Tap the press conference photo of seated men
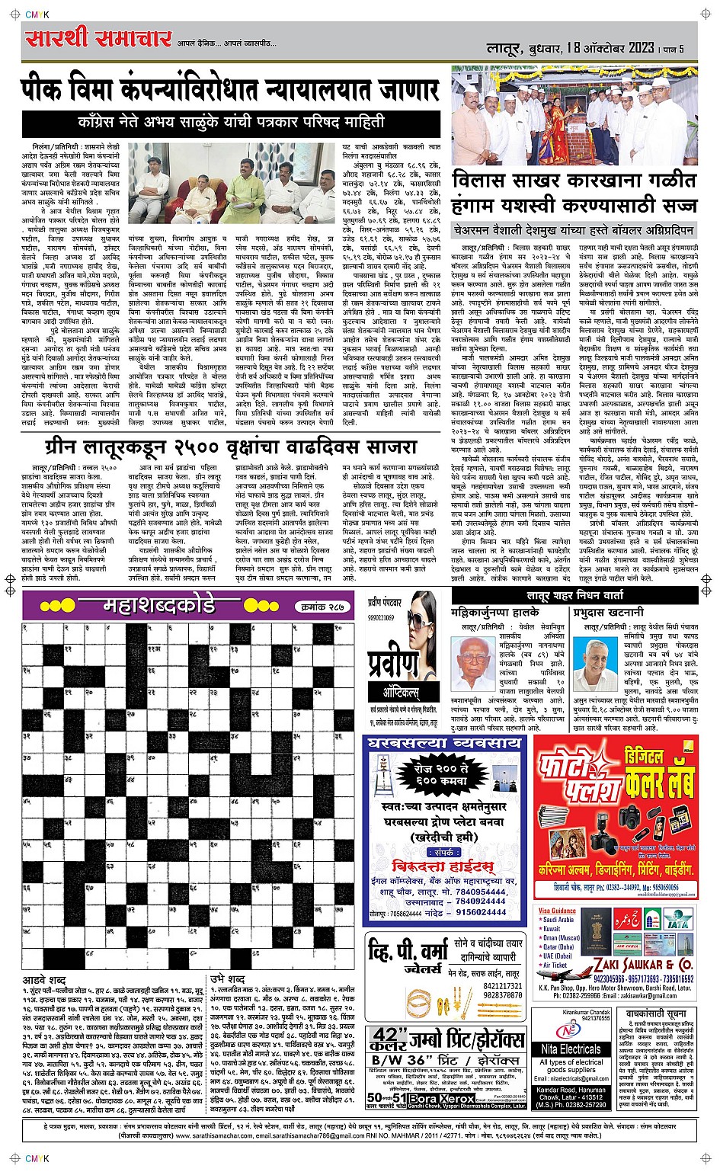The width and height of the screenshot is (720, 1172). click(x=231, y=182)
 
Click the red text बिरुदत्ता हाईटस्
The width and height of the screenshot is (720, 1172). click(x=442, y=866)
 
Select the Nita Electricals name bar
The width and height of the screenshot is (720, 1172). click(x=571, y=1049)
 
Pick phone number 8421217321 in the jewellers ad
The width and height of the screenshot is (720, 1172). click(x=502, y=986)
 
